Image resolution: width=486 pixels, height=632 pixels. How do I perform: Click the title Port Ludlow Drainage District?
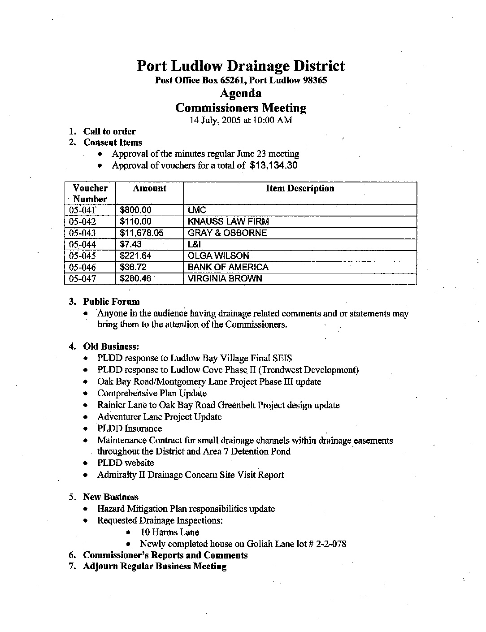(x=240, y=66)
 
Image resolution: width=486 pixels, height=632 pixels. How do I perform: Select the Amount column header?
(x=149, y=189)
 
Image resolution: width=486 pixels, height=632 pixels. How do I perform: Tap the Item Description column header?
(x=299, y=189)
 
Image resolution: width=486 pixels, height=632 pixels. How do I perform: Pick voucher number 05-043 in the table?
(x=82, y=233)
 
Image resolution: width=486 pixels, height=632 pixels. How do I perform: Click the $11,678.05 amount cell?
(x=142, y=233)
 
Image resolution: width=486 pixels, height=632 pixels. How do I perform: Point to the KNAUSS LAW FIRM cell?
(x=228, y=221)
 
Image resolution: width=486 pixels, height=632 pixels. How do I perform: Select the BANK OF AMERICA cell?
(x=228, y=267)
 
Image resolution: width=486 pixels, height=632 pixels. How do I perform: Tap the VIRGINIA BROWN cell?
(x=225, y=278)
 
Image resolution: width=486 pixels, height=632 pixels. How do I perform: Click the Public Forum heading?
(x=111, y=302)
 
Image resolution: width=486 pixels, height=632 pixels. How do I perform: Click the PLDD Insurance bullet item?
(x=130, y=429)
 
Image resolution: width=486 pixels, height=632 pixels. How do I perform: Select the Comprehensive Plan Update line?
(x=152, y=394)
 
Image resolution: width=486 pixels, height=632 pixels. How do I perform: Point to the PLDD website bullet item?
(x=126, y=463)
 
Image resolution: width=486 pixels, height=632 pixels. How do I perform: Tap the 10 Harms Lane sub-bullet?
(x=169, y=532)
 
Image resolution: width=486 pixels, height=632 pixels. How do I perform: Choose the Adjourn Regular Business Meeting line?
(x=155, y=567)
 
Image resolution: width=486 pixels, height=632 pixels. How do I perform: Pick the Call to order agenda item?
(x=109, y=131)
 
